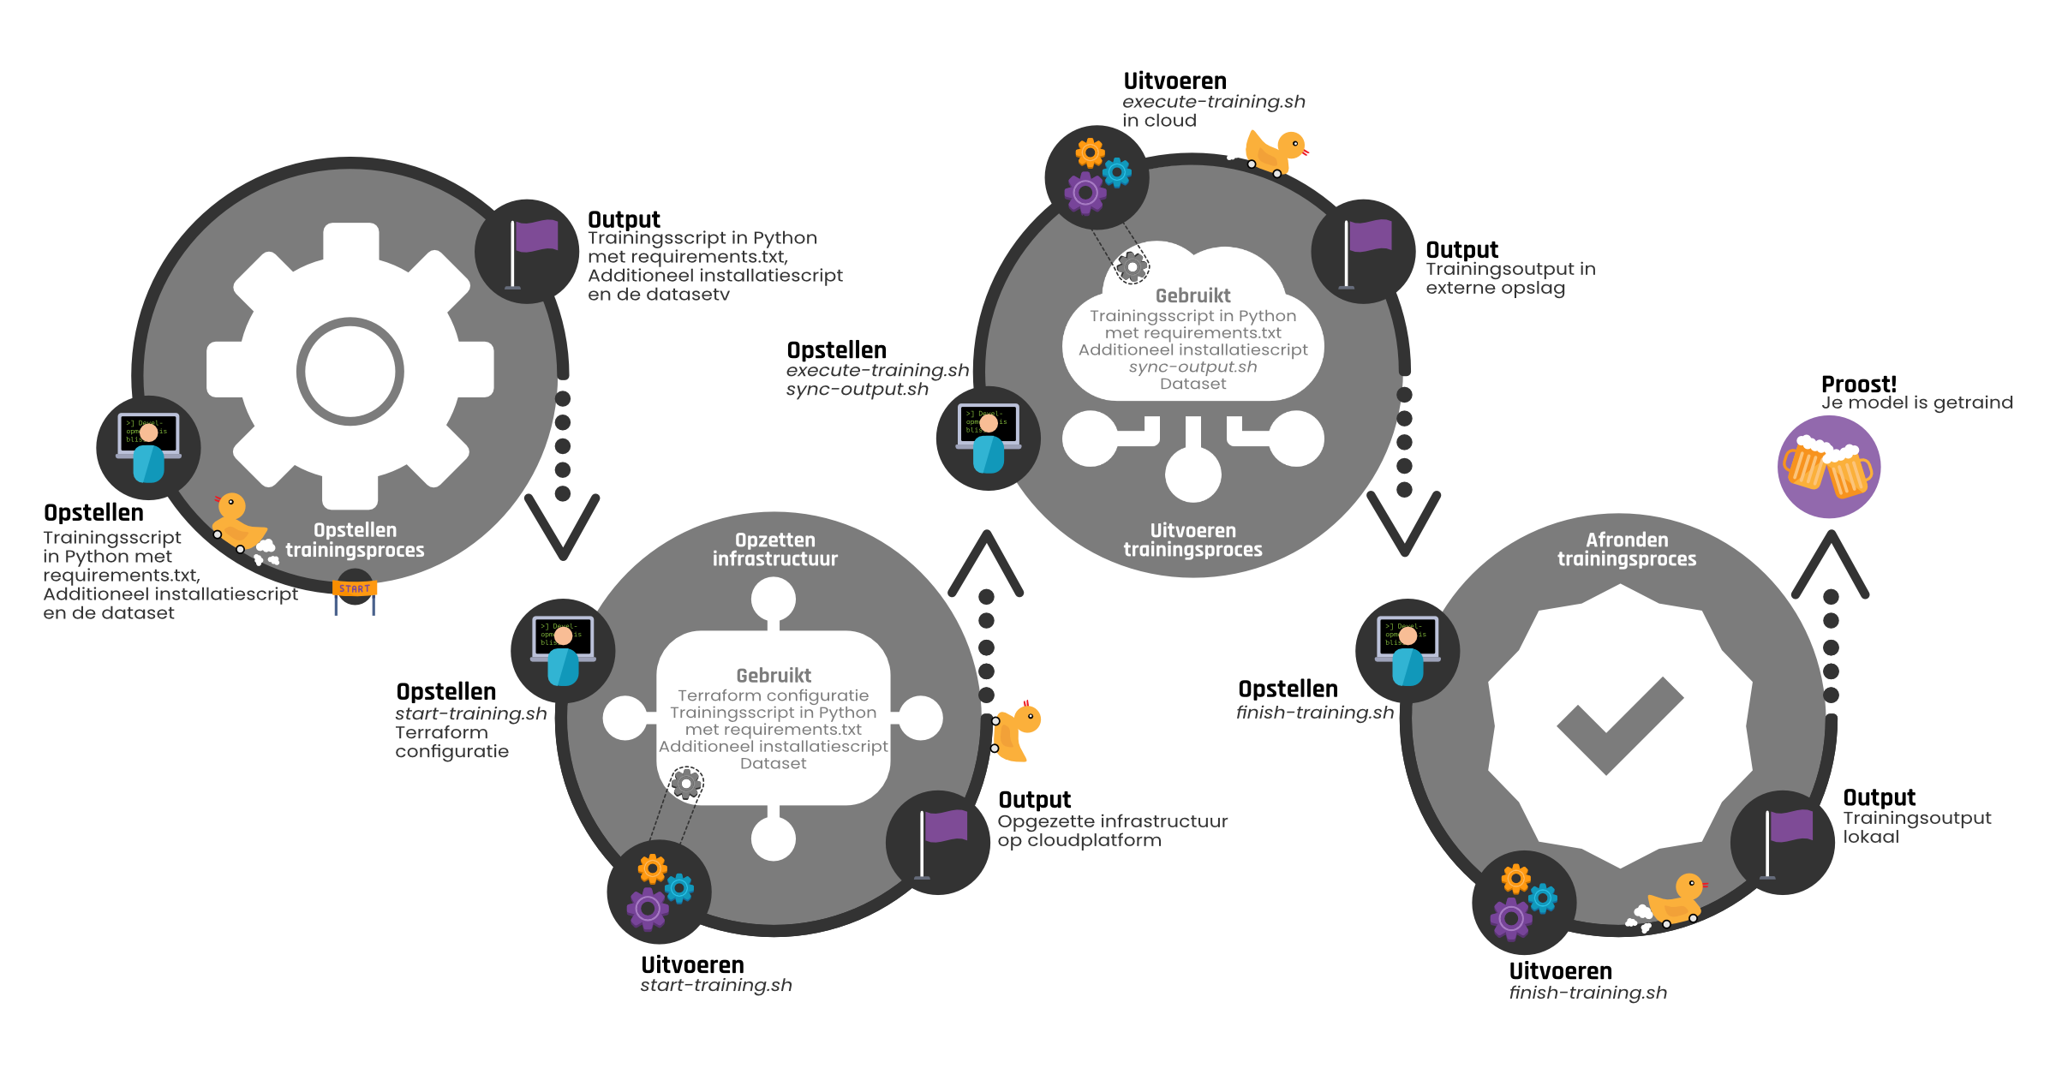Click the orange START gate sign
pyautogui.click(x=355, y=588)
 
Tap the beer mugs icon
pyautogui.click(x=1828, y=468)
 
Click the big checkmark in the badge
pyautogui.click(x=1620, y=725)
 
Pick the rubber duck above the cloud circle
pyautogui.click(x=1274, y=152)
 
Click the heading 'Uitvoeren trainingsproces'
pyautogui.click(x=1192, y=540)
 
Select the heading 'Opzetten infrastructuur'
pyautogui.click(x=774, y=549)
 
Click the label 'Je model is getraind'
pyautogui.click(x=1916, y=403)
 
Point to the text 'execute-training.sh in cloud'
pyautogui.click(x=1213, y=111)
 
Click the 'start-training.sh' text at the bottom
pyautogui.click(x=715, y=985)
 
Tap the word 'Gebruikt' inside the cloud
pyautogui.click(x=1192, y=295)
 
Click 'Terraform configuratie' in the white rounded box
pyautogui.click(x=773, y=695)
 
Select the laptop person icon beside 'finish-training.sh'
pyautogui.click(x=1408, y=651)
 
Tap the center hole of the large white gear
pyautogui.click(x=350, y=371)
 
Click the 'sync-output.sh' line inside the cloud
pyautogui.click(x=1192, y=367)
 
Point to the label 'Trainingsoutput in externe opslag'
pyautogui.click(x=1509, y=278)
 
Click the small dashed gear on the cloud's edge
pyautogui.click(x=1132, y=267)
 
